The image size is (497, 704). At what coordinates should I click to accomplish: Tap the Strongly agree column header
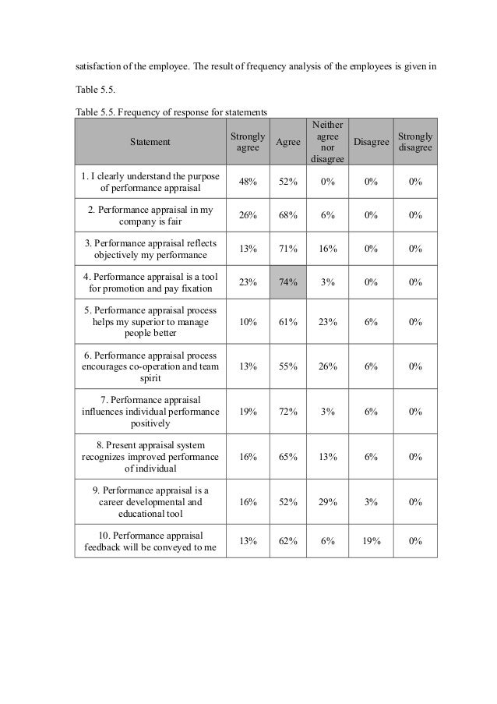point(247,142)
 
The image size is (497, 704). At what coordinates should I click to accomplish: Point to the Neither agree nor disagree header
point(326,142)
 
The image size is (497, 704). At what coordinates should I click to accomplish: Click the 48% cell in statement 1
point(248,182)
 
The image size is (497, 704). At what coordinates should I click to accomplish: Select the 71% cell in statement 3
point(287,249)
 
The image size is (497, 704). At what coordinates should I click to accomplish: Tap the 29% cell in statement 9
point(326,503)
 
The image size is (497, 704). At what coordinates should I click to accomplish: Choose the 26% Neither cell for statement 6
point(326,366)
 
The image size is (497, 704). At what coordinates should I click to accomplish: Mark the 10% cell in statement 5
point(248,321)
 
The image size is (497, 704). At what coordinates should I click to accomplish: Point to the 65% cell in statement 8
point(287,457)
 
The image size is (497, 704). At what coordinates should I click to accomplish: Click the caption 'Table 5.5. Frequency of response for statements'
point(171,112)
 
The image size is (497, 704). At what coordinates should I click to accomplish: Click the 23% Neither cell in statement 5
point(326,321)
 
